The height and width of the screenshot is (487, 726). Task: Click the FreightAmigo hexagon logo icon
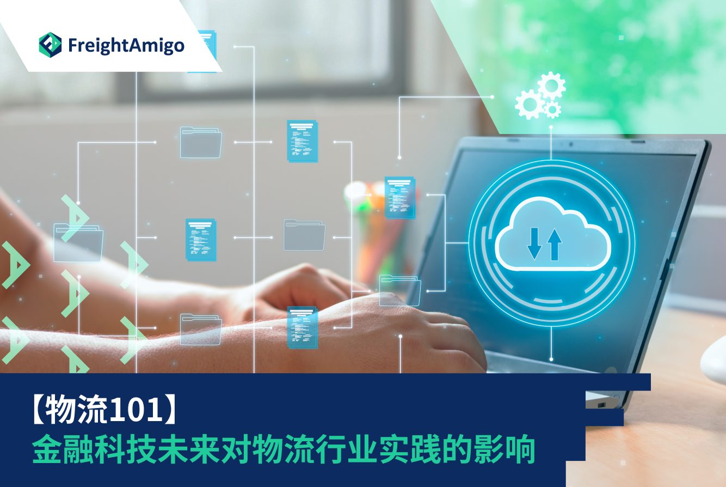50,45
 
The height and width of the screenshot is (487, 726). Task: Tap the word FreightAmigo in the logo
126,46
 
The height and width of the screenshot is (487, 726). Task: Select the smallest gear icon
552,109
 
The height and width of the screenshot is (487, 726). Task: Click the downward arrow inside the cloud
534,243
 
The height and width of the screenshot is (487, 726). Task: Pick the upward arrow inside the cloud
555,244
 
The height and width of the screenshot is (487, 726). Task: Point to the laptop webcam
571,144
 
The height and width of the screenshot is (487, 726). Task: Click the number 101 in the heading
135,410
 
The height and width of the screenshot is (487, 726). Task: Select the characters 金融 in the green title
63,449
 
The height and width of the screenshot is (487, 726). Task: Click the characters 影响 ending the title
504,449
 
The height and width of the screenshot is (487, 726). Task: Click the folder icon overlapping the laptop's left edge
400,290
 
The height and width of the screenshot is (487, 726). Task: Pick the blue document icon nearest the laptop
400,197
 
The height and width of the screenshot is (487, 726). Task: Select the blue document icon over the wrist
302,327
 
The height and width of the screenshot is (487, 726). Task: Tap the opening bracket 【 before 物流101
38,410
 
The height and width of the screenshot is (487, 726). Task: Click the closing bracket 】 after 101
169,410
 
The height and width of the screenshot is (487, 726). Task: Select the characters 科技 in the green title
125,449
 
